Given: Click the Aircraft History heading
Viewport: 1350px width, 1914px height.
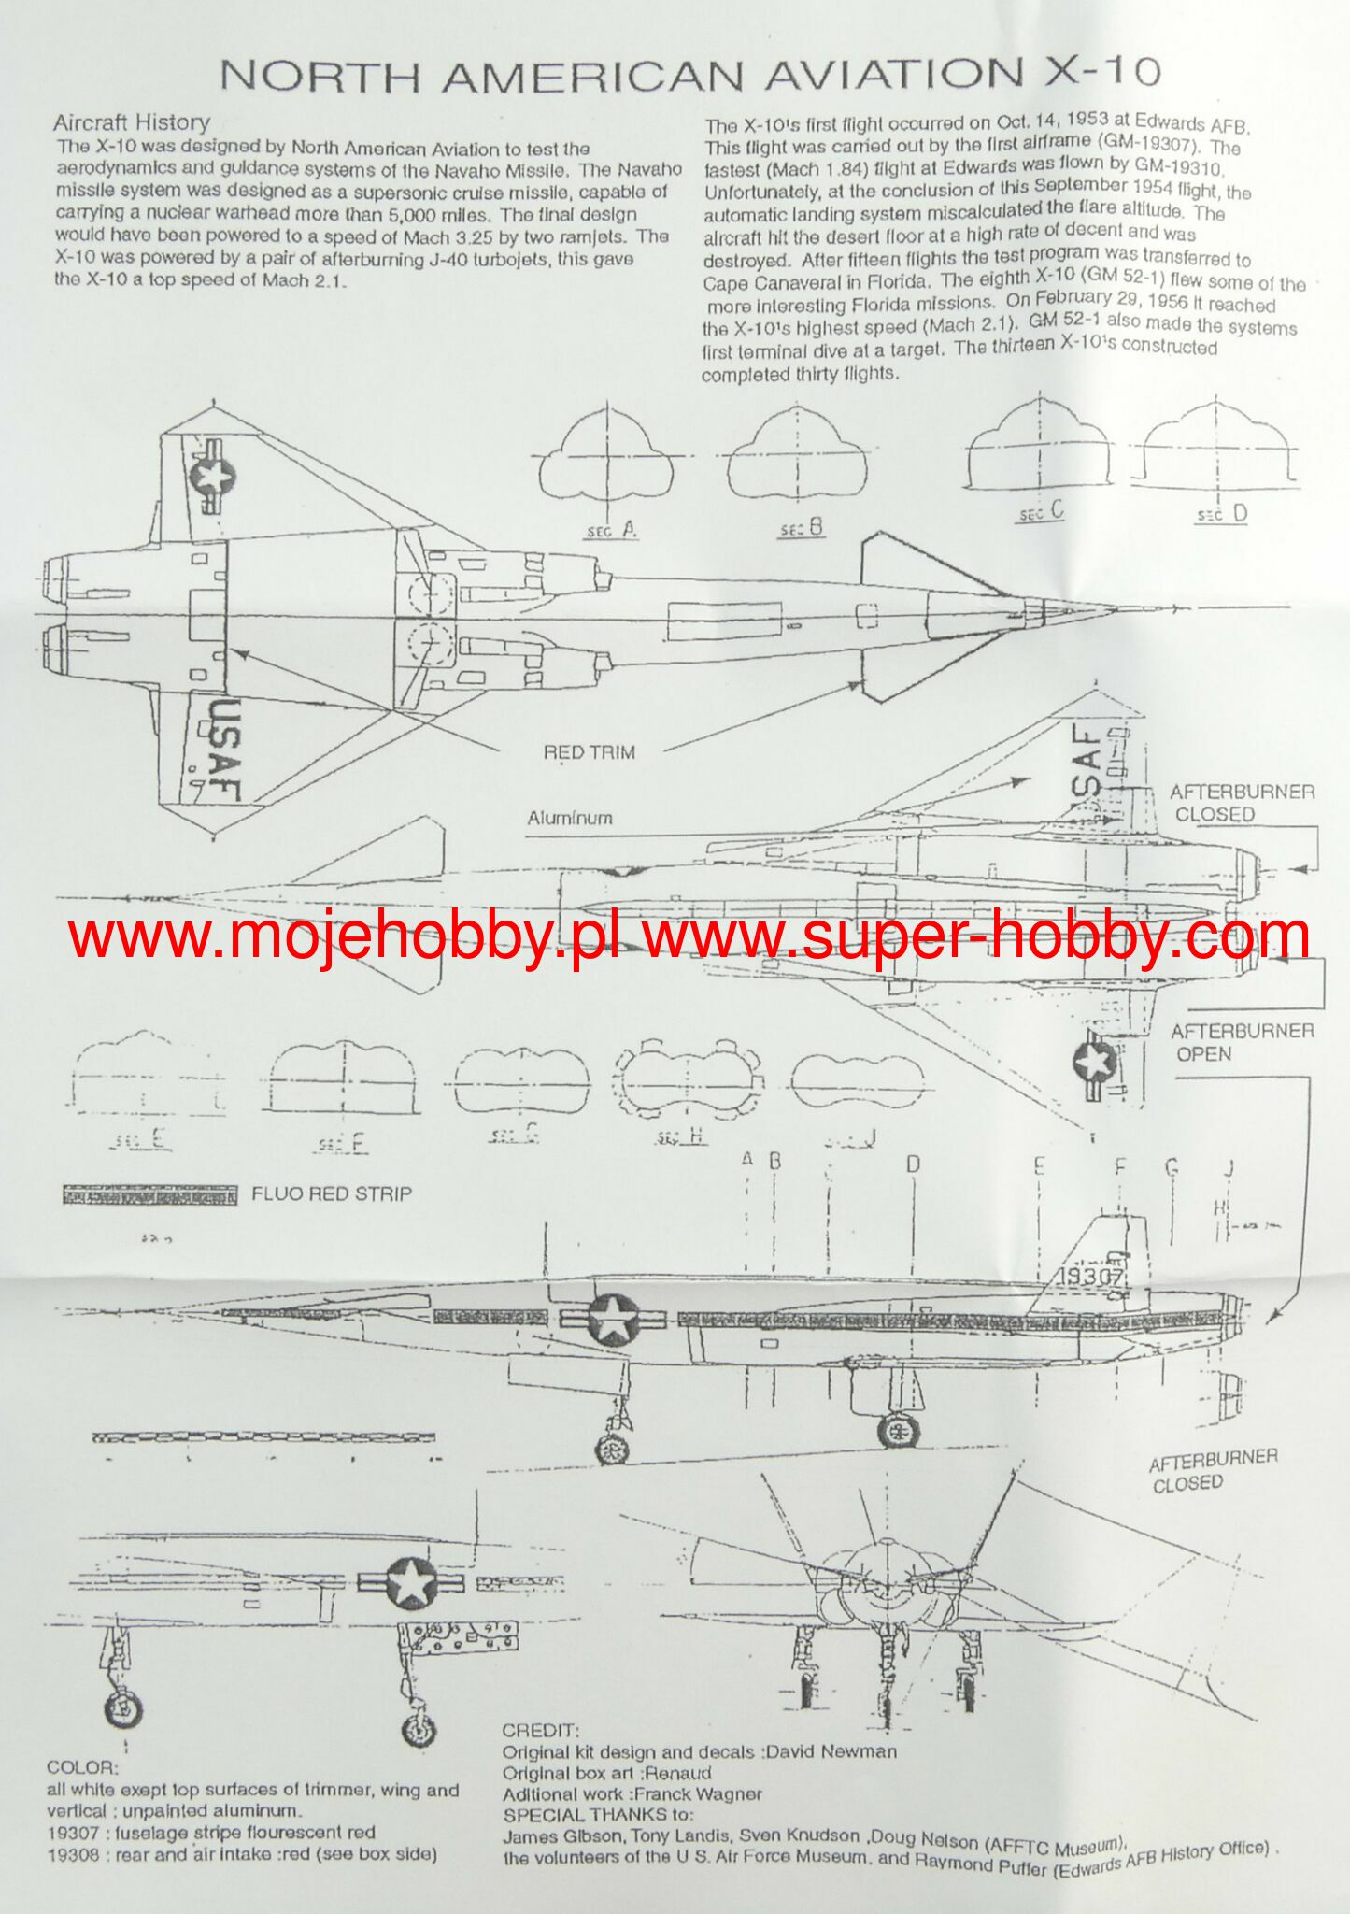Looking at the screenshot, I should (132, 122).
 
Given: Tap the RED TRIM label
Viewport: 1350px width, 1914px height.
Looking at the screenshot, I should (589, 752).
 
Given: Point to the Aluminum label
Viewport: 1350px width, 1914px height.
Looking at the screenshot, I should (570, 818).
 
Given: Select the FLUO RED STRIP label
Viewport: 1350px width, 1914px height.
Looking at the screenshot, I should (331, 1193).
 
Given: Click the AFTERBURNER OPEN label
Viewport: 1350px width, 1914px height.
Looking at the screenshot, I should (1242, 1042).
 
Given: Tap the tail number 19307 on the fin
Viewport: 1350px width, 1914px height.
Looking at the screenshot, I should (1091, 1277).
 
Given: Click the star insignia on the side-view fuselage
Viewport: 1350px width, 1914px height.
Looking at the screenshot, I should (613, 1319).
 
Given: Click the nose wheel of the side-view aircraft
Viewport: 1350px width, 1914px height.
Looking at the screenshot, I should (612, 1449).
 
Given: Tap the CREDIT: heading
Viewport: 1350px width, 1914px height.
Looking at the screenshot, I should (540, 1731).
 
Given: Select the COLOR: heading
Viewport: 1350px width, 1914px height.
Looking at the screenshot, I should (82, 1768).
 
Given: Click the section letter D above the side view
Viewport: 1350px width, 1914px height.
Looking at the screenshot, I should (913, 1164).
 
